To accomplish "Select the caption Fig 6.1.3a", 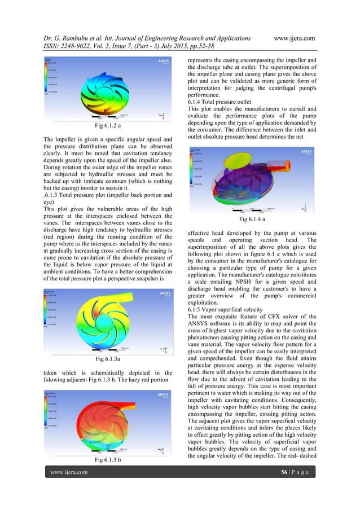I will pyautogui.click(x=107, y=357).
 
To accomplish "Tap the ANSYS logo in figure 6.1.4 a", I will pyautogui.click(x=306, y=151).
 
